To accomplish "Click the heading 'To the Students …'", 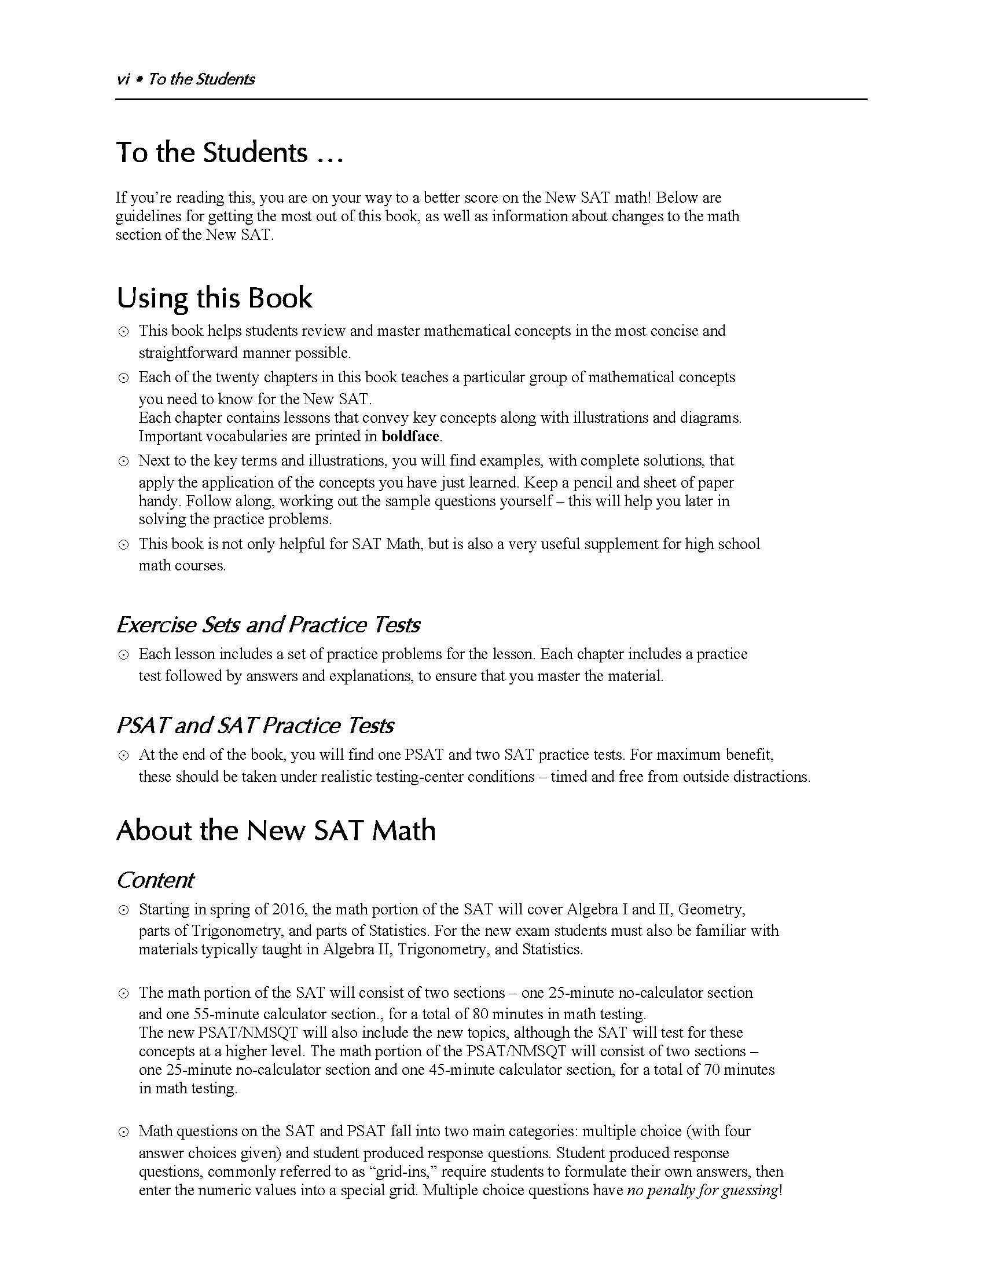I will pos(230,153).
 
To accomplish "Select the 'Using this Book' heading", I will pos(214,298).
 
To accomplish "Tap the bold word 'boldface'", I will pos(410,436).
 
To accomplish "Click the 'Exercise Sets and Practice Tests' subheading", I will pos(268,625).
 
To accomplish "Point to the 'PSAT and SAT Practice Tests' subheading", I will pos(255,726).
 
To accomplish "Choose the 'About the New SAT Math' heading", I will pos(276,830).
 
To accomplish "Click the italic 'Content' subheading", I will pos(155,880).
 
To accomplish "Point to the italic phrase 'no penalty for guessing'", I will pos(702,1191).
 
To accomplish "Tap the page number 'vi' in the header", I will pos(122,79).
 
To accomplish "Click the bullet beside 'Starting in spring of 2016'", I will pos(124,910).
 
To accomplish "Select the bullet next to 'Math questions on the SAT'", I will pos(124,1133).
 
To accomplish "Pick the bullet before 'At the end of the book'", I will pos(124,756).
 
